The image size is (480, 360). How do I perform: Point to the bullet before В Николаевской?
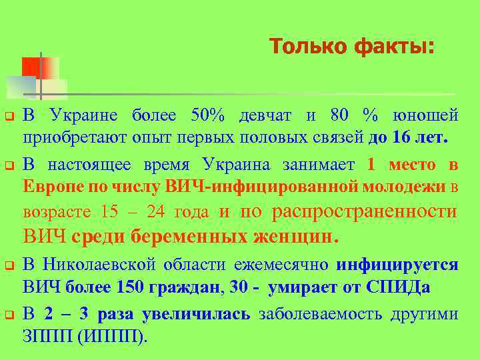pos(9,265)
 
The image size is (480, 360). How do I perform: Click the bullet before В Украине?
pos(9,117)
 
